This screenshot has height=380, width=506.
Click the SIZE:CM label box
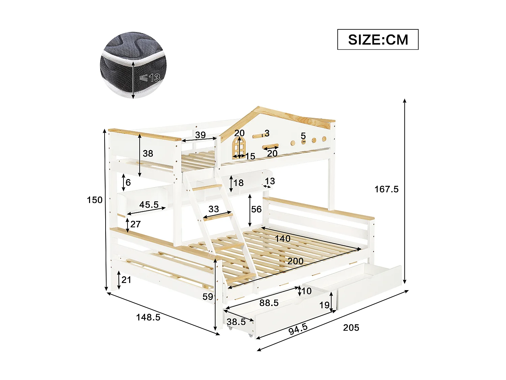tap(378, 40)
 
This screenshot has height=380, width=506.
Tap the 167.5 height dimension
tap(386, 189)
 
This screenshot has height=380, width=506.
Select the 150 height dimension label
tap(94, 200)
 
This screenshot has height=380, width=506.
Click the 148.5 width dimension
tap(148, 317)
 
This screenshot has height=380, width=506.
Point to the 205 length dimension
tap(351, 327)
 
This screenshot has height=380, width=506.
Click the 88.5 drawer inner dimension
tap(269, 303)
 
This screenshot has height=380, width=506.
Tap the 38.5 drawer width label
tap(236, 322)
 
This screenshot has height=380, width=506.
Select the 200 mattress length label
tap(295, 261)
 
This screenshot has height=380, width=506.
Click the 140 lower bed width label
tap(282, 239)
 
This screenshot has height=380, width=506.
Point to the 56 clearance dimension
tap(256, 209)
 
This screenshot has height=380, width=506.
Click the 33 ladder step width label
tap(214, 209)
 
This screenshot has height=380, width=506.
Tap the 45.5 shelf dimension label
tap(149, 205)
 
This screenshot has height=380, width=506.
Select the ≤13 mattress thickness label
tap(150, 78)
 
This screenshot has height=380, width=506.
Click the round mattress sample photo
tap(133, 66)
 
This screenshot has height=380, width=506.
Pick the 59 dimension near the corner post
tap(208, 297)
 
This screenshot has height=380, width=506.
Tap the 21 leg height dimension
tap(126, 280)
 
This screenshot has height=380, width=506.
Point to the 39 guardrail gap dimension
tap(200, 135)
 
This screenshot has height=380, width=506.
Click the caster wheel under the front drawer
tap(250, 335)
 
